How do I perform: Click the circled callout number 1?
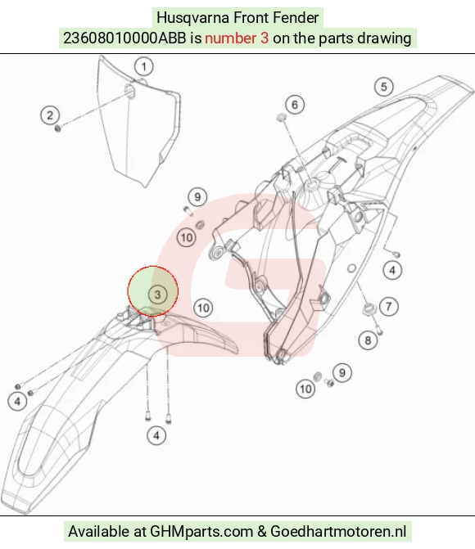coord(143,66)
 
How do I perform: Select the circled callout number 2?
coord(50,115)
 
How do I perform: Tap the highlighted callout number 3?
coord(157,295)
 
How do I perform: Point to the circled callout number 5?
coord(384,87)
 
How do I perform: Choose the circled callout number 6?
coord(295,105)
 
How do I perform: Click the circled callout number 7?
coord(388,307)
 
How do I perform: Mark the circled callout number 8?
coord(368,340)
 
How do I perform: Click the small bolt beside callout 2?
coord(58,128)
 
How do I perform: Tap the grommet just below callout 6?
coord(281,118)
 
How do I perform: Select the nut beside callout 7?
coord(369,308)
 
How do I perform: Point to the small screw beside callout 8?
coord(379,330)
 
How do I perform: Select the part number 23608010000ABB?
coord(124,38)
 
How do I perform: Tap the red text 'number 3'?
coord(237,38)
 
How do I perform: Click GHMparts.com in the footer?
coord(201,532)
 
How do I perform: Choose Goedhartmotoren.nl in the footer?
coord(338,532)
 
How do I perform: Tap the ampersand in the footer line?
coord(262,532)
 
